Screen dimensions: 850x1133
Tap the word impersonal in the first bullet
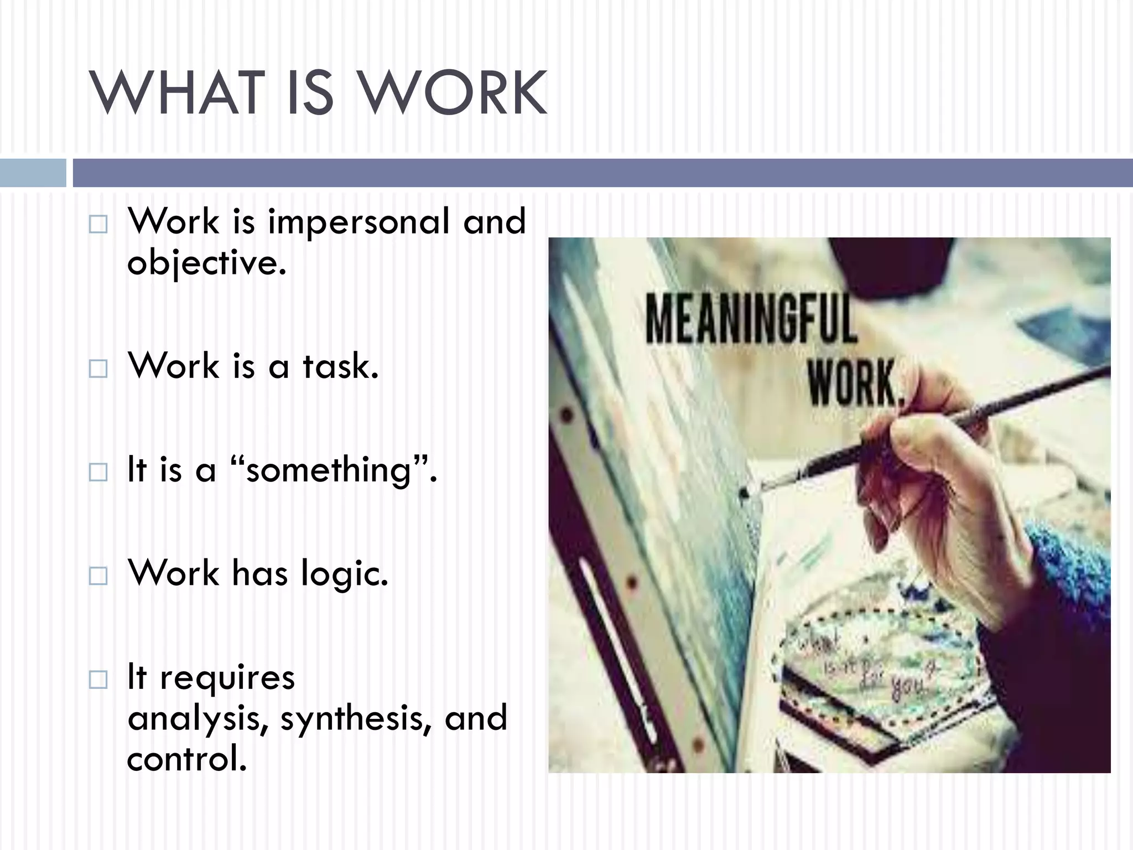tap(358, 221)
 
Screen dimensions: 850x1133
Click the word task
tap(340, 366)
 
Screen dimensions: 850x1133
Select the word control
tap(186, 759)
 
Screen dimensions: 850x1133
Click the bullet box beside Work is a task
tap(98, 369)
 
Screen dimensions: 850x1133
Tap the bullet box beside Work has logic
tap(98, 576)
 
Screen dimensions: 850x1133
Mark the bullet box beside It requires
tap(98, 680)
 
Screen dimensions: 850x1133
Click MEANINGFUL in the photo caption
tap(751, 319)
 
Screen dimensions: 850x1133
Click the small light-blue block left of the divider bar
tap(33, 173)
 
